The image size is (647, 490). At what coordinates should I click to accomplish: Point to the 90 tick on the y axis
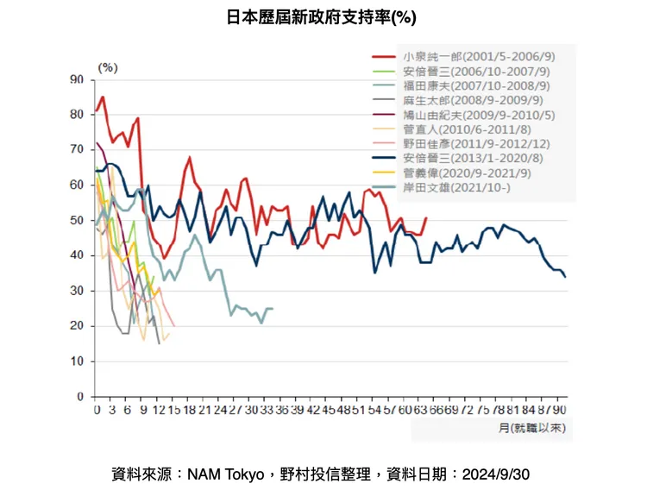coord(78,79)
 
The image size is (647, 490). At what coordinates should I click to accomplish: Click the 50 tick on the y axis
coord(78,220)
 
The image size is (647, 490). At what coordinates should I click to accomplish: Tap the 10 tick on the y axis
coord(78,361)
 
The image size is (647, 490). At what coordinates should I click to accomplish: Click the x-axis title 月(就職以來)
coord(533,427)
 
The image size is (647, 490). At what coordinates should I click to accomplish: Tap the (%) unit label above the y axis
coord(108,66)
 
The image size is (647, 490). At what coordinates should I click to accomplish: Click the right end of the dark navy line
coord(565,277)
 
